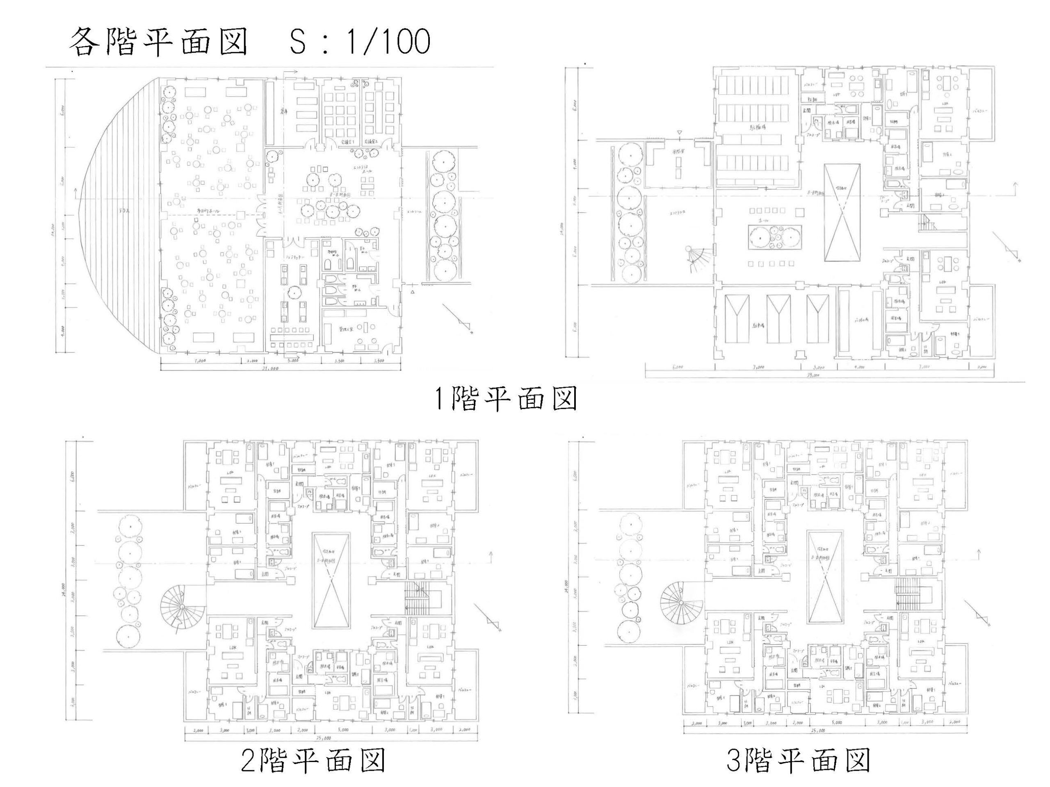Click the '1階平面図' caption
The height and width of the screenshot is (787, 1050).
click(x=506, y=398)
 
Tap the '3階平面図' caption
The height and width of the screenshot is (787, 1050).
click(x=799, y=760)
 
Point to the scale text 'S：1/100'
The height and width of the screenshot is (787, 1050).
click(x=360, y=42)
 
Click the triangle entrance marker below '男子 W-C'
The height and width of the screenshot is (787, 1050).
click(x=413, y=292)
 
